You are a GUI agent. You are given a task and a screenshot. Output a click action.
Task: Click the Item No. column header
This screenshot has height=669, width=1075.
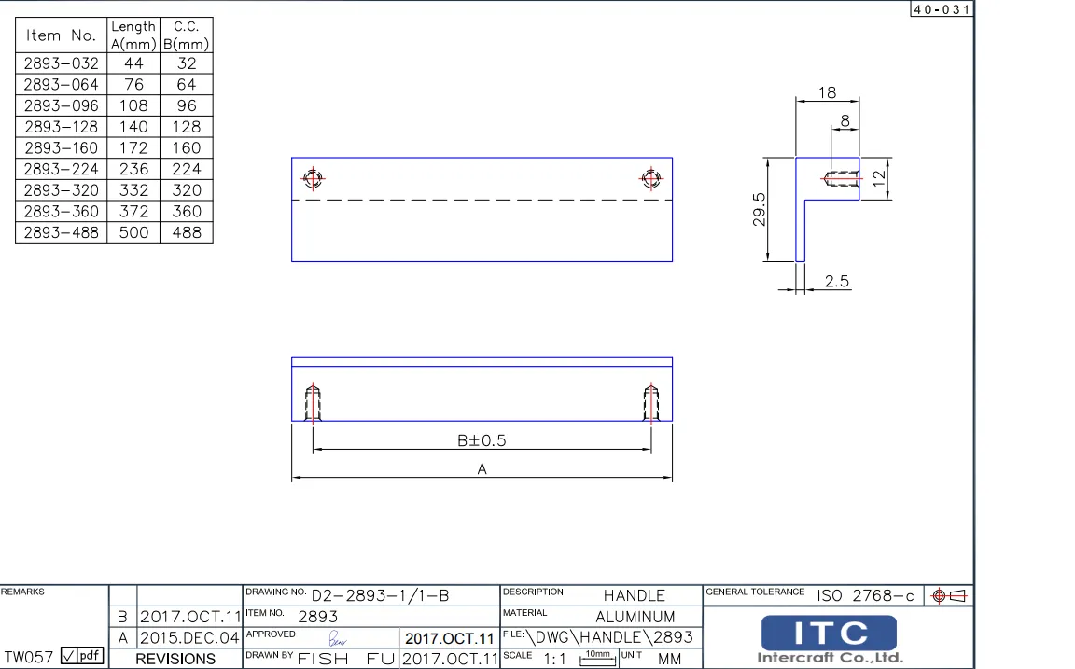(62, 35)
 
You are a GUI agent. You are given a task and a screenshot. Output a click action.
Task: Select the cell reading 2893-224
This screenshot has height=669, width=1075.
(62, 169)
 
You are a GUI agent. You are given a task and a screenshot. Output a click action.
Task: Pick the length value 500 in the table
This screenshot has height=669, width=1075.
(133, 232)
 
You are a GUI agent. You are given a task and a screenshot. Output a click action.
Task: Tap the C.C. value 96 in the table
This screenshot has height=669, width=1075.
(187, 105)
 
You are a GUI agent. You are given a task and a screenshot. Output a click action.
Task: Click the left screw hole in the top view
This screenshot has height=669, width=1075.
(313, 178)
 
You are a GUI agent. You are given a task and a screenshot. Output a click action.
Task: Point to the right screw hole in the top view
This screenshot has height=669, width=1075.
(651, 178)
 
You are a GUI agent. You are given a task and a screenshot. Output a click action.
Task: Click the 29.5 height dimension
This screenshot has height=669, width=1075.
(760, 210)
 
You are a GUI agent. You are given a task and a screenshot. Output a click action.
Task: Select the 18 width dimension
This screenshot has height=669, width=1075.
(827, 92)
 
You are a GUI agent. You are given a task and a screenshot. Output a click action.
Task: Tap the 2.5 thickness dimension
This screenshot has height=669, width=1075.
(837, 281)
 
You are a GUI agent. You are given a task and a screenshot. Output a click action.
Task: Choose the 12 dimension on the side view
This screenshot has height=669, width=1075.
(878, 178)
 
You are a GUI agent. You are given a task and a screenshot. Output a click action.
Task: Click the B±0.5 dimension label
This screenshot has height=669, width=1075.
(482, 440)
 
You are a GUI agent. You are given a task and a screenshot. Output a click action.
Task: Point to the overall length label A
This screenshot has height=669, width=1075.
(482, 469)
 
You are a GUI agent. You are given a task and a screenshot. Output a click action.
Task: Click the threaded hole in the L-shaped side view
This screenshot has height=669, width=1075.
(842, 178)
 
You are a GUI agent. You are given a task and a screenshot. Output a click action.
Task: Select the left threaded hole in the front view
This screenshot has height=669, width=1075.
(313, 403)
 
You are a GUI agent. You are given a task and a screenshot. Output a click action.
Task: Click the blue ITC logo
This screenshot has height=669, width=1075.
(829, 634)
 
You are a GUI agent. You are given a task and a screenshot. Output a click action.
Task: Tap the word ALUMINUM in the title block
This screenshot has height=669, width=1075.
(635, 617)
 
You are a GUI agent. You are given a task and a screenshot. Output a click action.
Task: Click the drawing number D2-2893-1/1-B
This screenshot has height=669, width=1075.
(380, 595)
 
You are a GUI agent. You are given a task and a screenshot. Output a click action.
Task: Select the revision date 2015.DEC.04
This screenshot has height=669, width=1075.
(189, 638)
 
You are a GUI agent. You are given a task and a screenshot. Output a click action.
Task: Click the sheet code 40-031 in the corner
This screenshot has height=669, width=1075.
(941, 9)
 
